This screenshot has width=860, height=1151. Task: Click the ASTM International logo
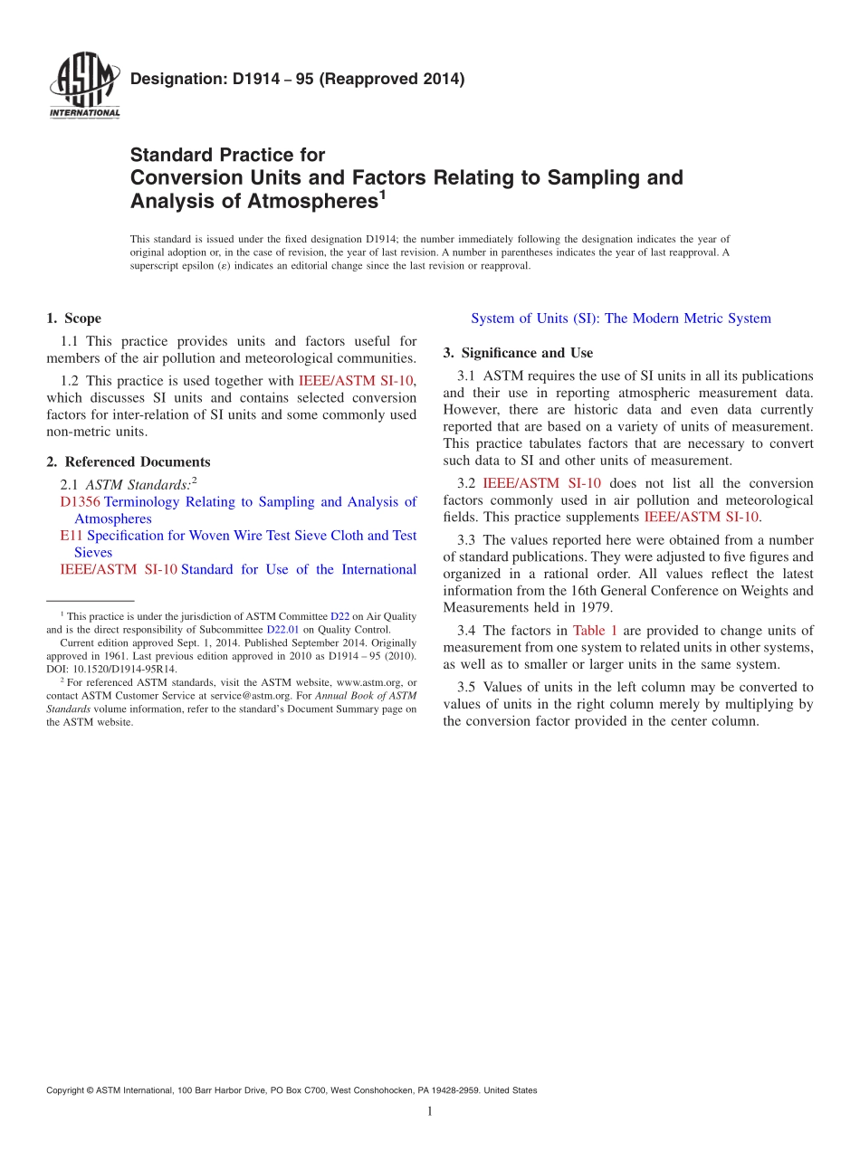click(x=84, y=88)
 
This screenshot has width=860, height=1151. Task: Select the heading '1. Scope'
click(x=73, y=319)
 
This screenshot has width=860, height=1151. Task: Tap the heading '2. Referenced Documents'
click(x=129, y=461)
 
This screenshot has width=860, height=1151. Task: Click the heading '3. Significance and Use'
click(x=518, y=353)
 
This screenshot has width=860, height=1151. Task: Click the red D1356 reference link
click(x=80, y=502)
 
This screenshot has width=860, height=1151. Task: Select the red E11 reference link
click(x=72, y=536)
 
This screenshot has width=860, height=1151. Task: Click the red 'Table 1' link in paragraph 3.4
click(x=595, y=631)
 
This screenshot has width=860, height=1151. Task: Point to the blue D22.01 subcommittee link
click(x=282, y=630)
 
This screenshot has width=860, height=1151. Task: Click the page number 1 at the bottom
click(x=430, y=1111)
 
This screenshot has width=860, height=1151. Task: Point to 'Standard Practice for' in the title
click(x=227, y=155)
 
